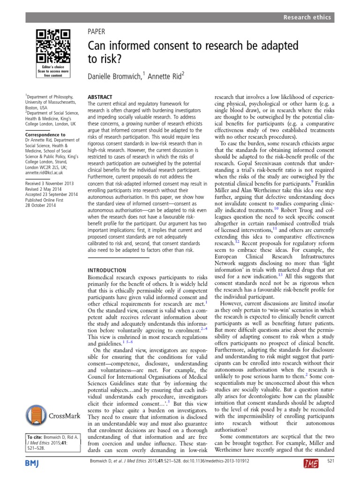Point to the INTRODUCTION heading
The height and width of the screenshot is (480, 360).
point(107,270)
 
